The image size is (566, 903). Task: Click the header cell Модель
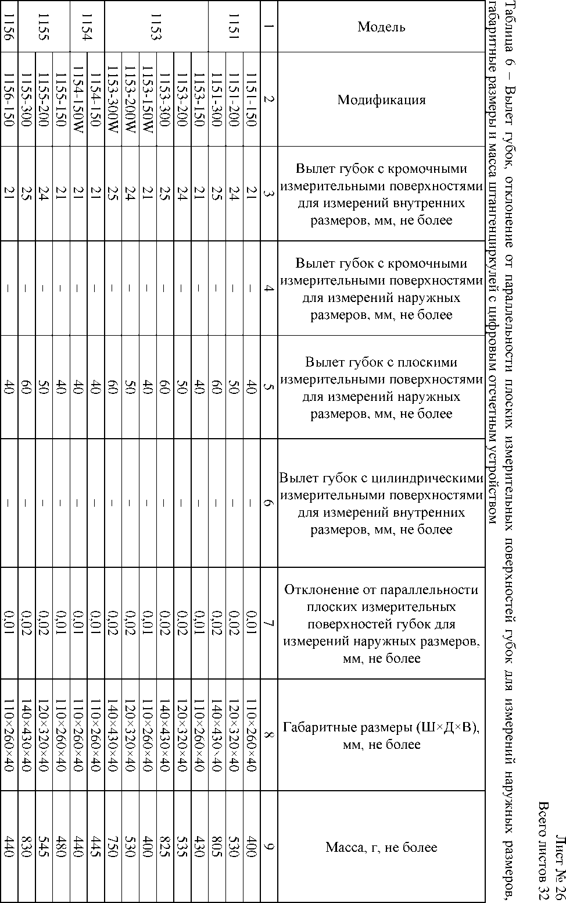click(381, 27)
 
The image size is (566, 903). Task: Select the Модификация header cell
click(381, 99)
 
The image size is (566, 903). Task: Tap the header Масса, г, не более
click(381, 847)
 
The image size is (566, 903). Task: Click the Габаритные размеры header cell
click(381, 735)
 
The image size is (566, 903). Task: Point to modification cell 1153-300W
click(112, 99)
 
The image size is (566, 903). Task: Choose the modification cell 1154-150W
click(78, 99)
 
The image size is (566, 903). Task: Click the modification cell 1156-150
click(9, 99)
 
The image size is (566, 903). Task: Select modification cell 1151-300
click(216, 99)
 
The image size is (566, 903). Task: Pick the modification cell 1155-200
click(44, 99)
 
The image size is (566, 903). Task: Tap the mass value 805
click(216, 847)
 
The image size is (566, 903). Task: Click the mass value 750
click(112, 847)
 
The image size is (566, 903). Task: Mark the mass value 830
click(26, 847)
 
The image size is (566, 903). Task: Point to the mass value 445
click(95, 847)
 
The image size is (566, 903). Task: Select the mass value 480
click(61, 847)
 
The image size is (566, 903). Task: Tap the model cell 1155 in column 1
click(44, 27)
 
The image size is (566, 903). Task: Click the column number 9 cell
click(268, 847)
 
